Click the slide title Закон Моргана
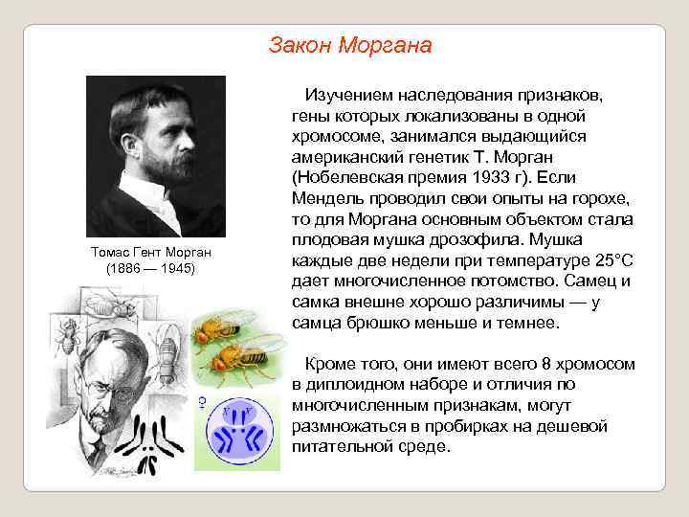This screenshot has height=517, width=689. pyautogui.click(x=350, y=45)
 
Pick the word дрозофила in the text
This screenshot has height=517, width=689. pyautogui.click(x=459, y=239)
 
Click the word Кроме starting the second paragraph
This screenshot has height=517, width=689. pyautogui.click(x=327, y=364)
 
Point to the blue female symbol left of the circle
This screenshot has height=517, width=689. pyautogui.click(x=202, y=402)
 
